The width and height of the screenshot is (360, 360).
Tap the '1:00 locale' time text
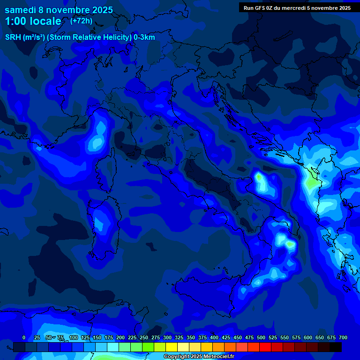pos(33,21)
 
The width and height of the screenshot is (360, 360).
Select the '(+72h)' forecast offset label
pos(82,21)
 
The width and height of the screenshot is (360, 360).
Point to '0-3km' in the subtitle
pos(144,37)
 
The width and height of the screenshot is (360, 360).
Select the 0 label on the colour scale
pos(24,337)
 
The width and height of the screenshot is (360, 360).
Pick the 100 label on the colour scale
pos(73,337)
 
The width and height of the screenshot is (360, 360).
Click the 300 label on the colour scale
pos(167,337)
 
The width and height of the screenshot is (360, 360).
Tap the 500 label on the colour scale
pos(261,337)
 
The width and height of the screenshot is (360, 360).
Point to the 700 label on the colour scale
pos(343,337)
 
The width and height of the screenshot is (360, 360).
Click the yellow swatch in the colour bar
pos(172,347)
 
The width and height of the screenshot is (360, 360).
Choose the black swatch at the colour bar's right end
pos(336,347)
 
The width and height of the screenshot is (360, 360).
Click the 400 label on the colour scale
pos(214,337)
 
